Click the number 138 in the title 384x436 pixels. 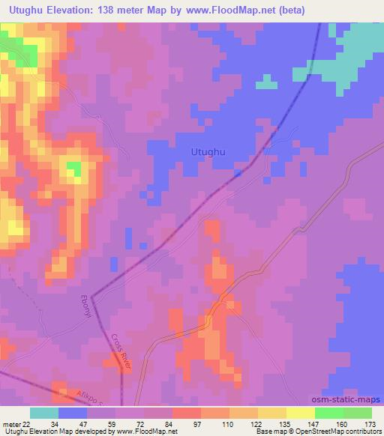pyautogui.click(x=108, y=10)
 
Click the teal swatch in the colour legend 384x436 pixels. pyautogui.click(x=44, y=413)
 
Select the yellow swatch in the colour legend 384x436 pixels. pyautogui.click(x=272, y=413)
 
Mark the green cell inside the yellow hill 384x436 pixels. pyautogui.click(x=73, y=169)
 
